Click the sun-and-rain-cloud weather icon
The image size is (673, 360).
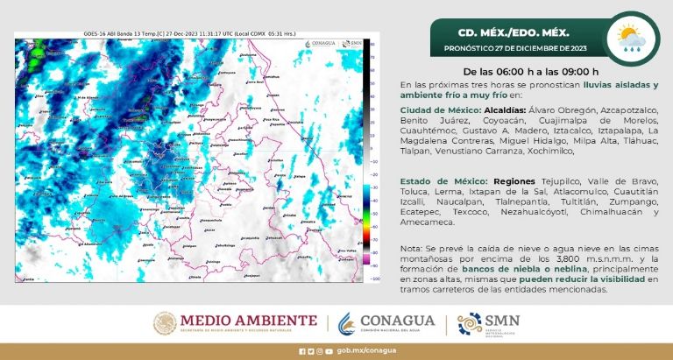click(x=630, y=38)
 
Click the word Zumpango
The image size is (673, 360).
click(x=634, y=201)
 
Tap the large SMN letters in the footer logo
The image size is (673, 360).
click(x=501, y=320)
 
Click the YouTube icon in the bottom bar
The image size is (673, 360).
click(x=329, y=351)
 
